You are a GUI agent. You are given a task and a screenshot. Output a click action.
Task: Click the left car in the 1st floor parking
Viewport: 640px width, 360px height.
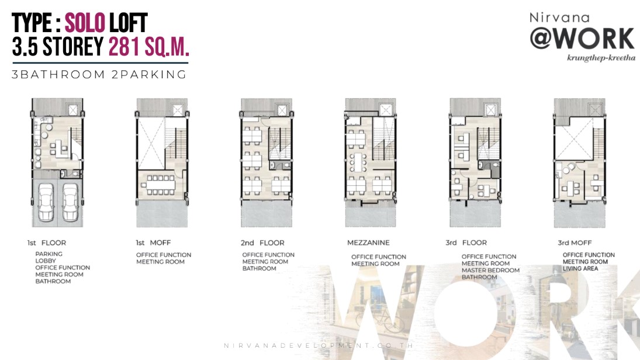[46, 202]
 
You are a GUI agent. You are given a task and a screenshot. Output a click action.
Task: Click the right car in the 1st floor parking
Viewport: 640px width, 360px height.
[70, 202]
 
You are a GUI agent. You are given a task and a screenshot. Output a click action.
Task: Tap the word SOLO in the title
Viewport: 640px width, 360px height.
[85, 23]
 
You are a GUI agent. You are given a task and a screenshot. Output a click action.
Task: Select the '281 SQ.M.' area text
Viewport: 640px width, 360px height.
[148, 47]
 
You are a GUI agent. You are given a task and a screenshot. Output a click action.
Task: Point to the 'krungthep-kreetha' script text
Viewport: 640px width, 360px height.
[601, 57]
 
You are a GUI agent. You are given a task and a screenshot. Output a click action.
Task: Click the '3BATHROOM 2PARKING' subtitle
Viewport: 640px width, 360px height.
[99, 75]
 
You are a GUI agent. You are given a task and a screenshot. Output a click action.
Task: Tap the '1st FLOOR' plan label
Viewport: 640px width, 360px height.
[47, 243]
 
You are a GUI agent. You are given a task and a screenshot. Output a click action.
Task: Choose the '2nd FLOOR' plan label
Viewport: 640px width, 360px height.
[262, 243]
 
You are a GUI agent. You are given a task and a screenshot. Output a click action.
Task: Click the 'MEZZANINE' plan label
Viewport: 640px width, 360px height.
[368, 243]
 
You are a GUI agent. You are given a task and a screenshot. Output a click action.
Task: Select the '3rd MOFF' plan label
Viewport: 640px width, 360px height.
[575, 243]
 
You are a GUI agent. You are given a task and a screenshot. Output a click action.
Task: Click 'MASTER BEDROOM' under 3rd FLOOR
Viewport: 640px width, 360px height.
[490, 270]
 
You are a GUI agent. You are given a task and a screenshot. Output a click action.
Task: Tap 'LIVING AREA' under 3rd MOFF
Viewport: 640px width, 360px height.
[580, 269]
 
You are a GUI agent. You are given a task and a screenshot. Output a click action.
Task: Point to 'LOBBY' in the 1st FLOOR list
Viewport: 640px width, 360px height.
[46, 261]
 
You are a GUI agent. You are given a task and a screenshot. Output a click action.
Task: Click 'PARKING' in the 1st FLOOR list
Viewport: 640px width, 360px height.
[49, 254]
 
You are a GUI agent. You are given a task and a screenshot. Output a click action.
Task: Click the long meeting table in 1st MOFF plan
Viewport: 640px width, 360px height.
[161, 185]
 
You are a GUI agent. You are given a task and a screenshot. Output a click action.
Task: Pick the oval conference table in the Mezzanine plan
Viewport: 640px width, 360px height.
[358, 163]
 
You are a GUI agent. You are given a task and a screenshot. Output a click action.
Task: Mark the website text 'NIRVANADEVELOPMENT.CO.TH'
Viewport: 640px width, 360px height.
[319, 345]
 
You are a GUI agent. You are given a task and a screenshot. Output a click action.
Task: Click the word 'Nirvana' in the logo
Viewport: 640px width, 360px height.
[559, 18]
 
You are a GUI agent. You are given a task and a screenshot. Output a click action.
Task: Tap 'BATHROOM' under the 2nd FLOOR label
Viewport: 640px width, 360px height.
[259, 269]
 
